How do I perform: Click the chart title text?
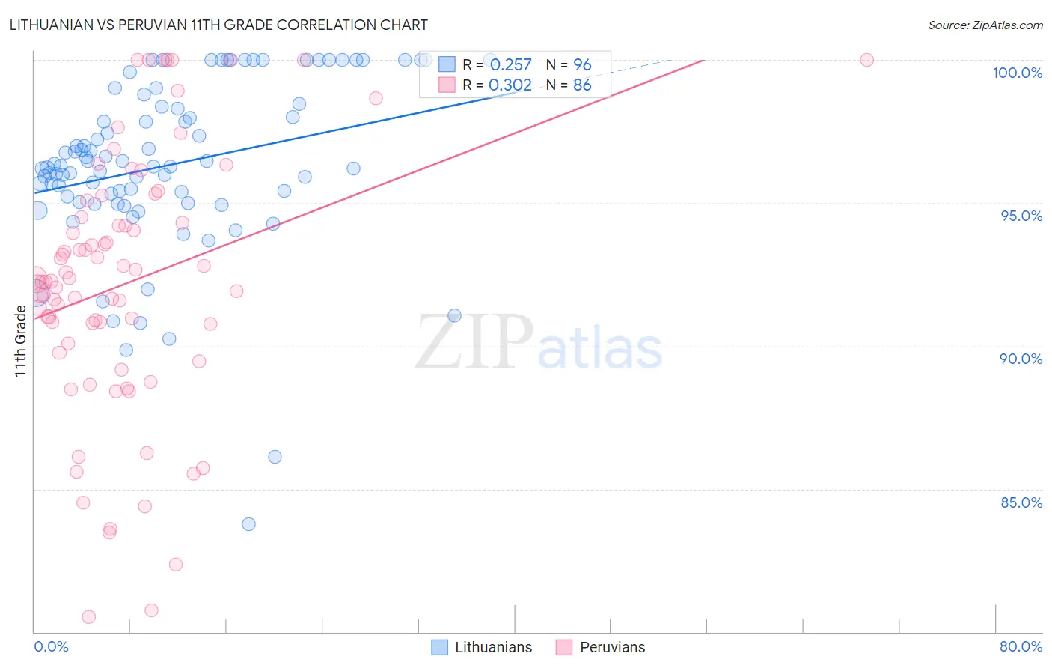(x=218, y=25)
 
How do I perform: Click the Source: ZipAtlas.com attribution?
(x=985, y=25)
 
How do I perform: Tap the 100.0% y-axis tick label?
(x=1017, y=73)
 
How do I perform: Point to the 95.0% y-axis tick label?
(x=1021, y=216)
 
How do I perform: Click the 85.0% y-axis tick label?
(x=1021, y=502)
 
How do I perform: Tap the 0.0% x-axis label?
(x=51, y=646)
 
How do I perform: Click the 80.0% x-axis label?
(x=1021, y=646)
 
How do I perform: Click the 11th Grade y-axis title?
(x=20, y=341)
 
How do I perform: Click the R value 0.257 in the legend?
(x=510, y=65)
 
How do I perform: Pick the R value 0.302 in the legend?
(x=510, y=85)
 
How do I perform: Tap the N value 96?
(x=582, y=65)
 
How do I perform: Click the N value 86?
(x=582, y=85)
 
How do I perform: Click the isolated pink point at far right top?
(x=866, y=60)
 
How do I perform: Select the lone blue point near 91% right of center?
(x=454, y=315)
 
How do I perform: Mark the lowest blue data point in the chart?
(x=248, y=524)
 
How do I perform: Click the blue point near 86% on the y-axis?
(x=275, y=457)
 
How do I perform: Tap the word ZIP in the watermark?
(x=474, y=342)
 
